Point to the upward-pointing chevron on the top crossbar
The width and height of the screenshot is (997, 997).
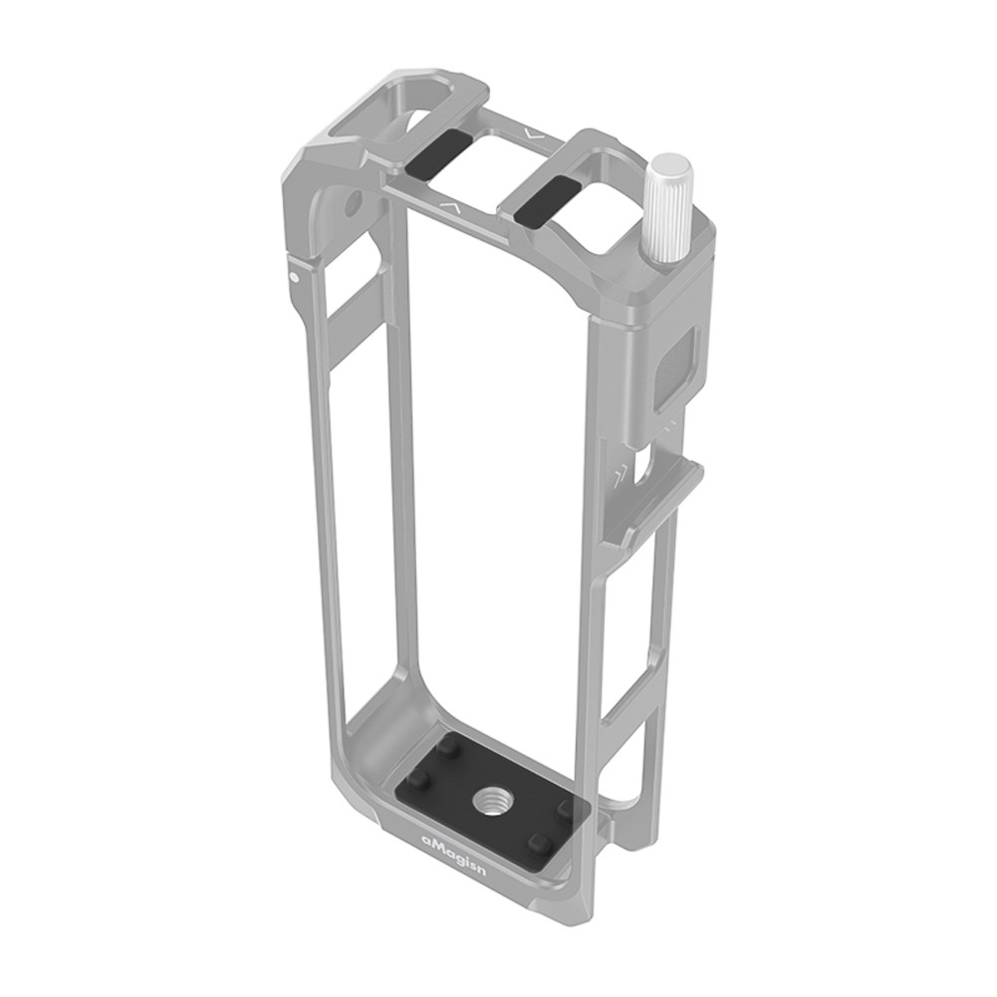pyautogui.click(x=449, y=207)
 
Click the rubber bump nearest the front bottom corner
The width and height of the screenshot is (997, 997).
pyautogui.click(x=539, y=844)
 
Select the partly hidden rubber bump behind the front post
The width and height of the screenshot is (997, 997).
pyautogui.click(x=567, y=808)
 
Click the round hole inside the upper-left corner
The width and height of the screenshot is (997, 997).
pyautogui.click(x=352, y=205)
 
